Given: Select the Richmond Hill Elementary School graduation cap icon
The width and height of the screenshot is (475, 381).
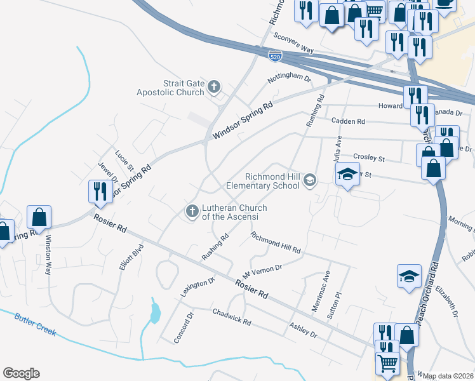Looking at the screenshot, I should tap(309, 180).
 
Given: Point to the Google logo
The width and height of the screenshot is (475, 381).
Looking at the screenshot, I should tap(21, 373).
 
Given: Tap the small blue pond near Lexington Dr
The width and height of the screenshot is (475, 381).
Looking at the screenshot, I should tap(155, 312).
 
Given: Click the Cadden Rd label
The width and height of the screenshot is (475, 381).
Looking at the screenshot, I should tap(348, 121).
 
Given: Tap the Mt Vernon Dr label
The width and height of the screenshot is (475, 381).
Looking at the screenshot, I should tap(261, 272).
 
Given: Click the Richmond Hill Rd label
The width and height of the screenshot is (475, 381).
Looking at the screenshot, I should tap(275, 244).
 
